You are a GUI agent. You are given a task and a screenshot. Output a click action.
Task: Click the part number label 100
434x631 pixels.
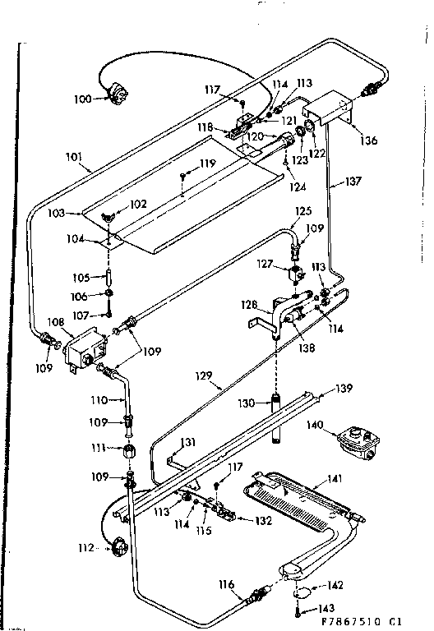83,99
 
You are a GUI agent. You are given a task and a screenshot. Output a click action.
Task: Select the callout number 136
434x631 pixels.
368,140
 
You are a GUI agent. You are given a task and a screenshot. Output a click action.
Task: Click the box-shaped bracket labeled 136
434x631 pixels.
329,108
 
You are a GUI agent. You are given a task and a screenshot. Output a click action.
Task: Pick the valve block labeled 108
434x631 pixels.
79,347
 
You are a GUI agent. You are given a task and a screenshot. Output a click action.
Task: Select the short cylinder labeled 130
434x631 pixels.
277,404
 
